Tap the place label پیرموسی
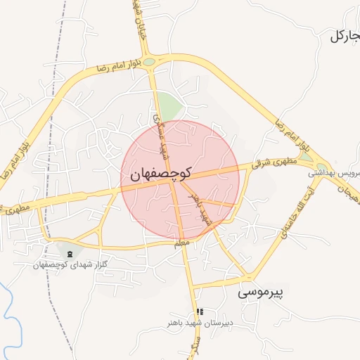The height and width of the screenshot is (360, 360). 264,290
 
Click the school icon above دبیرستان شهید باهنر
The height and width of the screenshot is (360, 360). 200,311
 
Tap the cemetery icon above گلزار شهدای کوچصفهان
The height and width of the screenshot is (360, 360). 69,253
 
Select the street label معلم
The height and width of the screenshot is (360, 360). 181,243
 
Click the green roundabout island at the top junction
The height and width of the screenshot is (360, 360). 149,62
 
